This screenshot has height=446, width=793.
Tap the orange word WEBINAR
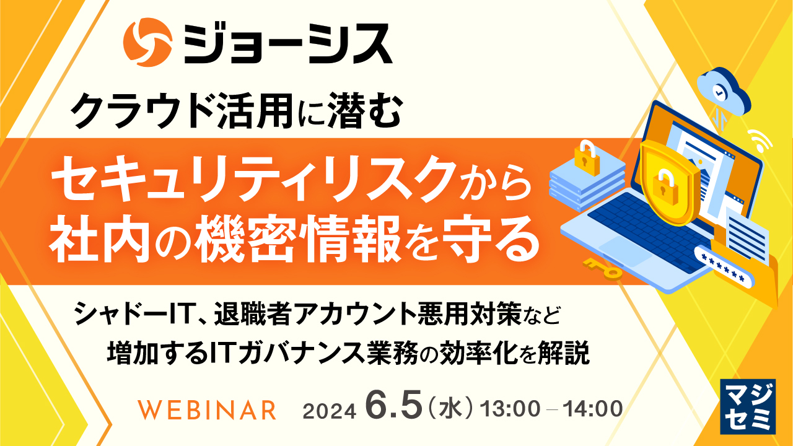click(x=208, y=409)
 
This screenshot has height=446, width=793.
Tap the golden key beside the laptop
click(x=601, y=269)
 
